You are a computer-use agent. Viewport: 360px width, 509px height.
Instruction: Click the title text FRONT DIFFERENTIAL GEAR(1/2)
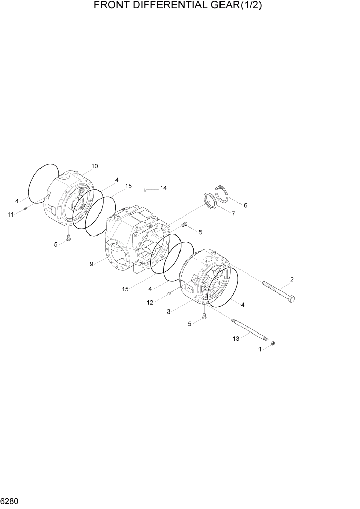tap(181, 6)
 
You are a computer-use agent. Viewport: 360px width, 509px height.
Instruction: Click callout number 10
tap(95, 166)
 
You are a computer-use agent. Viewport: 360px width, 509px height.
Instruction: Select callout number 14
tap(163, 188)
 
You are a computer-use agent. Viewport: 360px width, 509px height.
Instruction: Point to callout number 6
tap(245, 205)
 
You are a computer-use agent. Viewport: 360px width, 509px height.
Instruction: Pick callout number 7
tap(233, 214)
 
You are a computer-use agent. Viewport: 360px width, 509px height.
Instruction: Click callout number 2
tap(292, 280)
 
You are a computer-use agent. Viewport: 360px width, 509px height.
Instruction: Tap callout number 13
tap(236, 338)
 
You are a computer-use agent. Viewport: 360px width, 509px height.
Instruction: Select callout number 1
tap(260, 349)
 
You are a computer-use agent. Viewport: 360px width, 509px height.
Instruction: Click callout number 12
tap(150, 303)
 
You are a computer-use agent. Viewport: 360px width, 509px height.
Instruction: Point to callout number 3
tap(168, 311)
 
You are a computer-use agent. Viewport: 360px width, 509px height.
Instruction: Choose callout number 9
tap(91, 264)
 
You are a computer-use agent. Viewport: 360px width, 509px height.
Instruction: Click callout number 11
tap(10, 214)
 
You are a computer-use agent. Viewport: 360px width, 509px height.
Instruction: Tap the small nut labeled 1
tap(274, 343)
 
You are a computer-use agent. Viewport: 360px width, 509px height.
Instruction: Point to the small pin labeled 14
tap(146, 189)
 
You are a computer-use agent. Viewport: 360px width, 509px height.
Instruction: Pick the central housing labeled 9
tap(136, 241)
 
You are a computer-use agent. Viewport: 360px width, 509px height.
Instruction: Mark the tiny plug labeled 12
tap(169, 293)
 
